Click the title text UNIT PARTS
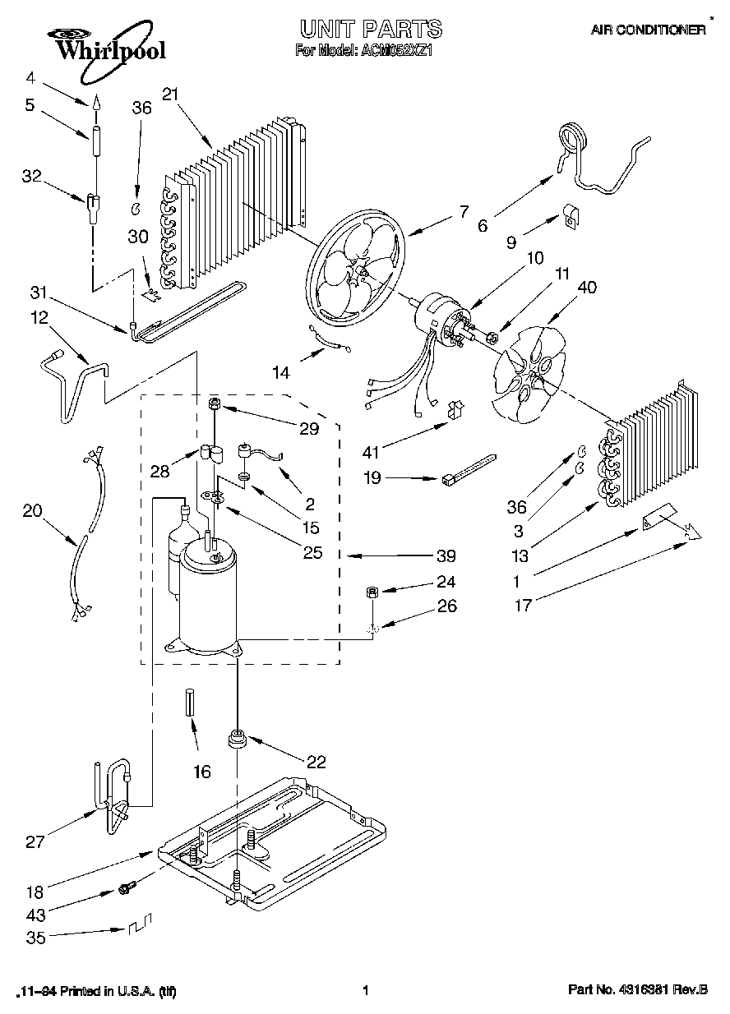[370, 30]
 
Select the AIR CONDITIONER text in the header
[648, 30]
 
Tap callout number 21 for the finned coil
[170, 94]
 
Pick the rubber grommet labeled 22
[238, 739]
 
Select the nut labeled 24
[372, 592]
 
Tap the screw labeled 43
[126, 889]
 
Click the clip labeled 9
[569, 216]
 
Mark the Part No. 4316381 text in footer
[637, 991]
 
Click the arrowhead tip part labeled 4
[95, 104]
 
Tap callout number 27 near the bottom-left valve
[34, 841]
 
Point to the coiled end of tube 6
[573, 135]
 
